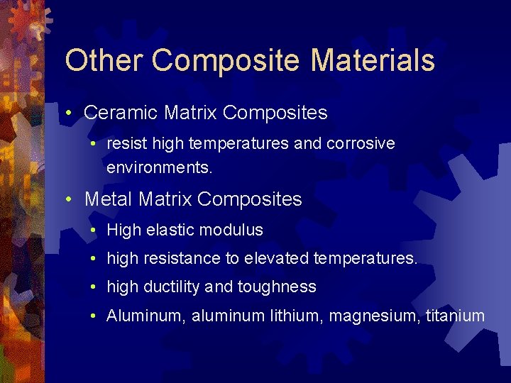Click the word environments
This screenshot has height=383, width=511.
(160, 169)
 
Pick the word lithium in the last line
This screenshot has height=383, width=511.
(297, 316)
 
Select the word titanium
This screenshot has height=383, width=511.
(455, 316)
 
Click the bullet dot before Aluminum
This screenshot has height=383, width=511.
(94, 316)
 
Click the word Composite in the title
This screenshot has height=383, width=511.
(226, 62)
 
